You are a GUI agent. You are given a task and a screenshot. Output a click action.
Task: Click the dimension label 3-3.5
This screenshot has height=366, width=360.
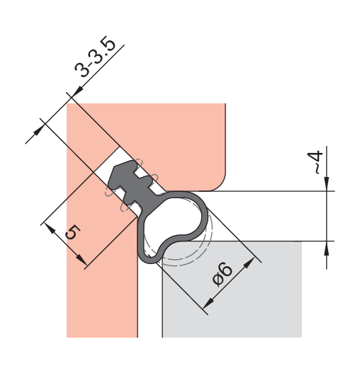95,57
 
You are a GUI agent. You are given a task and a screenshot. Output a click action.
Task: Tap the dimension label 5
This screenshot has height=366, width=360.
73,232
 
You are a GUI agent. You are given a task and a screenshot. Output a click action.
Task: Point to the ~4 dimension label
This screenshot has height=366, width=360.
315,162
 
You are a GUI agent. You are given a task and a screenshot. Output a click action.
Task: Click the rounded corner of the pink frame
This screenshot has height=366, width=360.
220,185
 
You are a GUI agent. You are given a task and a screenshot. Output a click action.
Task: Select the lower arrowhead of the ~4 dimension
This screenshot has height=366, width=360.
327,248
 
